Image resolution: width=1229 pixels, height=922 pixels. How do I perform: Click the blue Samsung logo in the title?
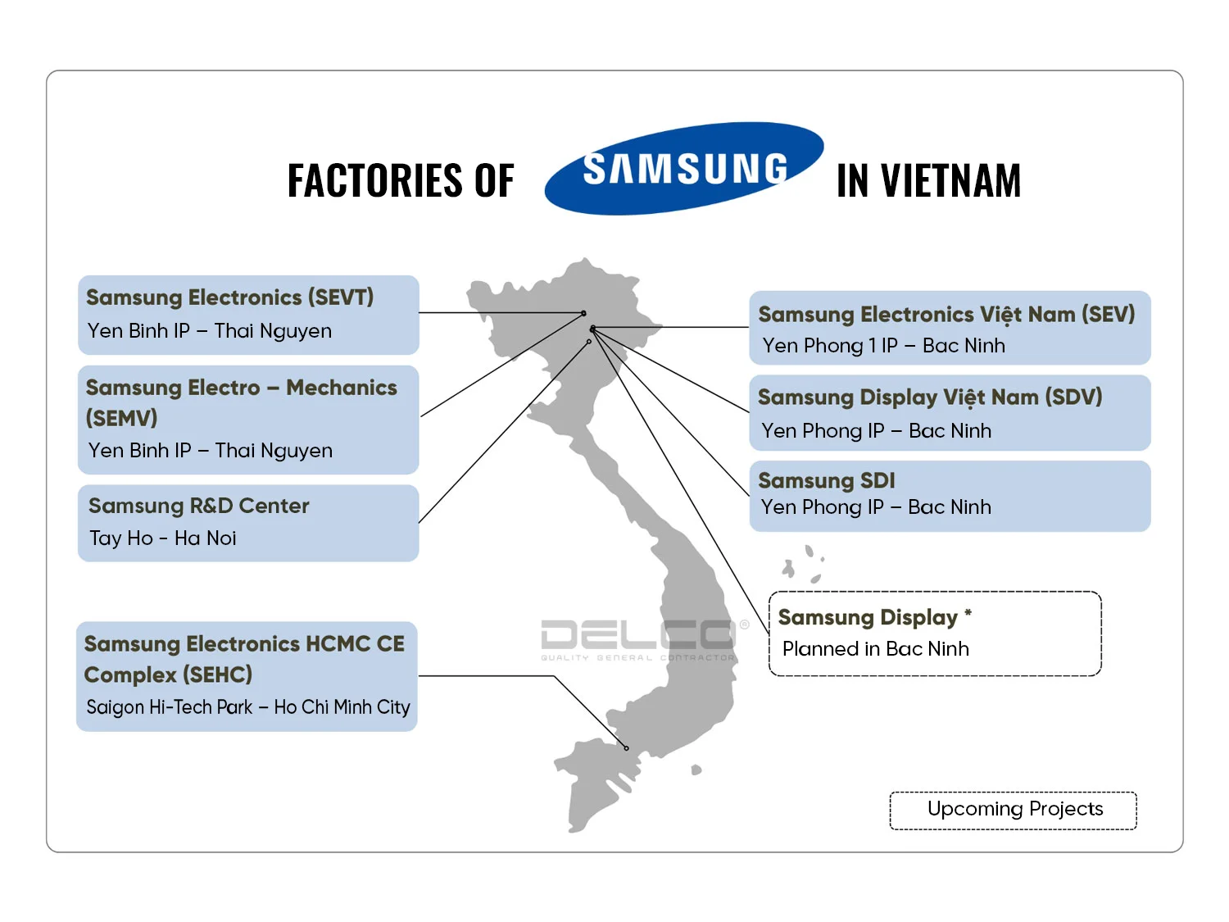click(x=684, y=169)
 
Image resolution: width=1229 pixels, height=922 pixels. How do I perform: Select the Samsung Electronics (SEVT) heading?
click(x=229, y=297)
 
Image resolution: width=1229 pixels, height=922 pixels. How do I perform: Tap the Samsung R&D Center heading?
click(x=199, y=506)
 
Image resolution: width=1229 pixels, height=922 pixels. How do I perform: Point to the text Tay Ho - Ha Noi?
click(x=163, y=538)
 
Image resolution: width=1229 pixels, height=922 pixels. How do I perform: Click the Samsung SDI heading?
click(x=826, y=480)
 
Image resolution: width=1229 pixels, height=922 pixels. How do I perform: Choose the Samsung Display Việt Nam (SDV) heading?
click(x=930, y=397)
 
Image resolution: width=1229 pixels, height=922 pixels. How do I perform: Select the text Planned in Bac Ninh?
click(x=875, y=649)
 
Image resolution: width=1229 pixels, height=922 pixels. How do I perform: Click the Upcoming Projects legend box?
click(x=1014, y=810)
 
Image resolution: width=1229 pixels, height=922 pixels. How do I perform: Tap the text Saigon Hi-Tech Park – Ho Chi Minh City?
click(x=248, y=706)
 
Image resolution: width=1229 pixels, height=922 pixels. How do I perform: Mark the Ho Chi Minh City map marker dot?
click(x=627, y=748)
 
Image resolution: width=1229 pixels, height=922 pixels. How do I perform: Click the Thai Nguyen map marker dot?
click(x=583, y=313)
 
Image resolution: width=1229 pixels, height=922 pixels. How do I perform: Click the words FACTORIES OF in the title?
click(x=401, y=181)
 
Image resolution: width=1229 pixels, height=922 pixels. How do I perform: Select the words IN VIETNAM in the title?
click(x=928, y=181)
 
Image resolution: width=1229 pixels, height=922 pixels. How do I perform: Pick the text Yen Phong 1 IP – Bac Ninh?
click(x=883, y=346)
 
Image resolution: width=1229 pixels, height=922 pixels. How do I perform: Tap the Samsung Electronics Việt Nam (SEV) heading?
click(x=946, y=315)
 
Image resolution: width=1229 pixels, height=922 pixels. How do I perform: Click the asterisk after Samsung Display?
click(x=968, y=613)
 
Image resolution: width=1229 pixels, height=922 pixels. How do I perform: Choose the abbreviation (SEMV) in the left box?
click(x=121, y=418)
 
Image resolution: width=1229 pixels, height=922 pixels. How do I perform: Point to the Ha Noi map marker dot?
click(x=589, y=342)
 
